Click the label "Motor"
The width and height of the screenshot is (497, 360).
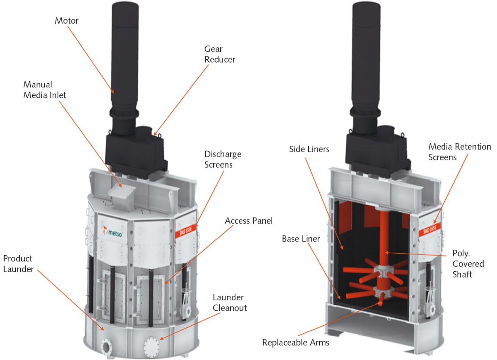coord(67,21)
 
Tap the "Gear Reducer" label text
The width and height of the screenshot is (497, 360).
coord(220,54)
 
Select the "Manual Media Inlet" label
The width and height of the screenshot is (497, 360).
coord(45,90)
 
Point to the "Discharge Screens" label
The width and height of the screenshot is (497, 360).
coord(223,159)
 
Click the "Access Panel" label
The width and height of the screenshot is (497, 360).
coord(249,221)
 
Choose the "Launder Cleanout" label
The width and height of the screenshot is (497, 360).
coord(230,302)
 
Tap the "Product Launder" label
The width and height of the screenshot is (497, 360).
coord(18,263)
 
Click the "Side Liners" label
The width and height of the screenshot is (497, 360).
coord(309,149)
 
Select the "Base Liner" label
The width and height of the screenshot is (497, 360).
coord(301,239)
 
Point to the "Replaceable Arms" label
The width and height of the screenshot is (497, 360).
coord(296,343)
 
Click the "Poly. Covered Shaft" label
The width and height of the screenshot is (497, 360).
coord(468,263)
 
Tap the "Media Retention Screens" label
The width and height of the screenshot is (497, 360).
coord(459,152)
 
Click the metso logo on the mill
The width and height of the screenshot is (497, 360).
coord(113,232)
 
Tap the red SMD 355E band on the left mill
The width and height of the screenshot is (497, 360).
coord(186,230)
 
